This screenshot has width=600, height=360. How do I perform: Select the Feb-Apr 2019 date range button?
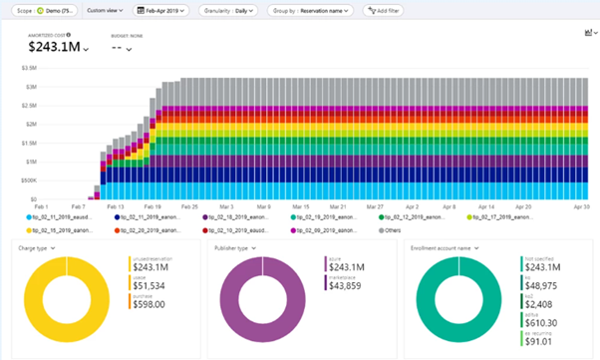click(x=158, y=9)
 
